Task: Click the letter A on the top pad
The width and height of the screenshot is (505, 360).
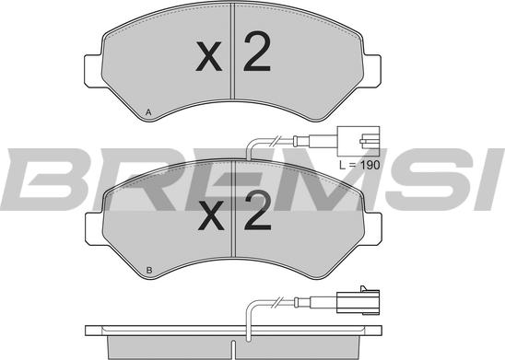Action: click(x=147, y=112)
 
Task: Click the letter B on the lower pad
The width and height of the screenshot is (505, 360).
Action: click(x=147, y=270)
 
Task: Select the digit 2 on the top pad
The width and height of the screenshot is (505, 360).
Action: click(x=255, y=56)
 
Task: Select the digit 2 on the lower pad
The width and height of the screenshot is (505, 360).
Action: click(x=255, y=218)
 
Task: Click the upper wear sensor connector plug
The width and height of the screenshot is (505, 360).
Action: click(x=359, y=140)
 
